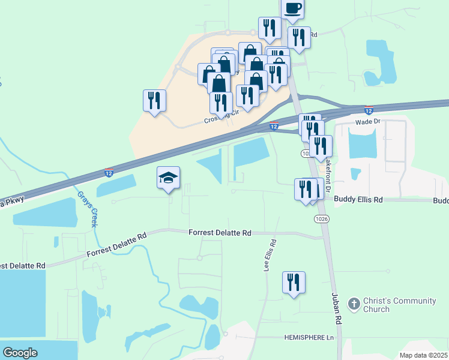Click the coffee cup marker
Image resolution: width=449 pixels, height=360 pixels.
coord(292,8)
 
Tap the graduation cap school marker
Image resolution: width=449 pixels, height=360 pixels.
coord(169,178)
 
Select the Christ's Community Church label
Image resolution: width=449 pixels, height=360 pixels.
coord(393,305)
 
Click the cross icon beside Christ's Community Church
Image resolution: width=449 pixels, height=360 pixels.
coord(354,304)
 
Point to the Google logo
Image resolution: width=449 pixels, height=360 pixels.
coord(20,353)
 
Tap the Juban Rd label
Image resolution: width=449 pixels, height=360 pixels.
coord(336,308)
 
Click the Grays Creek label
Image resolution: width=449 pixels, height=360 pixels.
coord(88,209)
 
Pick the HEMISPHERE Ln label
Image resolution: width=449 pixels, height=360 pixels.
coord(309,338)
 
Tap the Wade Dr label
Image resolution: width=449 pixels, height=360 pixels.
coord(368,121)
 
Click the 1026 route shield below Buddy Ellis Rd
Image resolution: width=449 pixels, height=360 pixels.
coord(321,220)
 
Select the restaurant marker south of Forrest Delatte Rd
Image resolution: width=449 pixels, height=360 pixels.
coord(294,282)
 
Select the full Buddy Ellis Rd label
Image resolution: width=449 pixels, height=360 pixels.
coord(358,199)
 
